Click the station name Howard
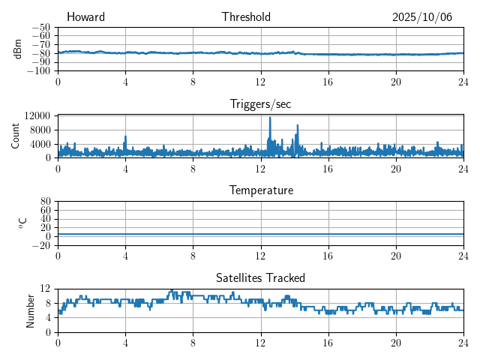[x=85, y=17]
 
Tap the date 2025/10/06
[x=422, y=17]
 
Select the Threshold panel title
[x=246, y=17]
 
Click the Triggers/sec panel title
[x=260, y=104]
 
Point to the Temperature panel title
[x=260, y=190]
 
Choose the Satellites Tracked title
[x=260, y=277]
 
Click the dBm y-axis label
[x=18, y=49]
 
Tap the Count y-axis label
[x=16, y=136]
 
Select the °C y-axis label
[x=22, y=223]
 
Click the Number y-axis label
[x=30, y=310]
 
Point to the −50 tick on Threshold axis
[x=41, y=27]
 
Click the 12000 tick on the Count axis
[x=37, y=115]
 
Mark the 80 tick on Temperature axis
[x=45, y=202]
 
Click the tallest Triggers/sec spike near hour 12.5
[x=270, y=118]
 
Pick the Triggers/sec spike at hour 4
[x=125, y=137]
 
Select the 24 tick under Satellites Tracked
[x=463, y=342]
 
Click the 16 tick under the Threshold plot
[x=328, y=81]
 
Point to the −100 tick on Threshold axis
[x=39, y=70]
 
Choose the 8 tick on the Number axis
[x=47, y=303]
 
